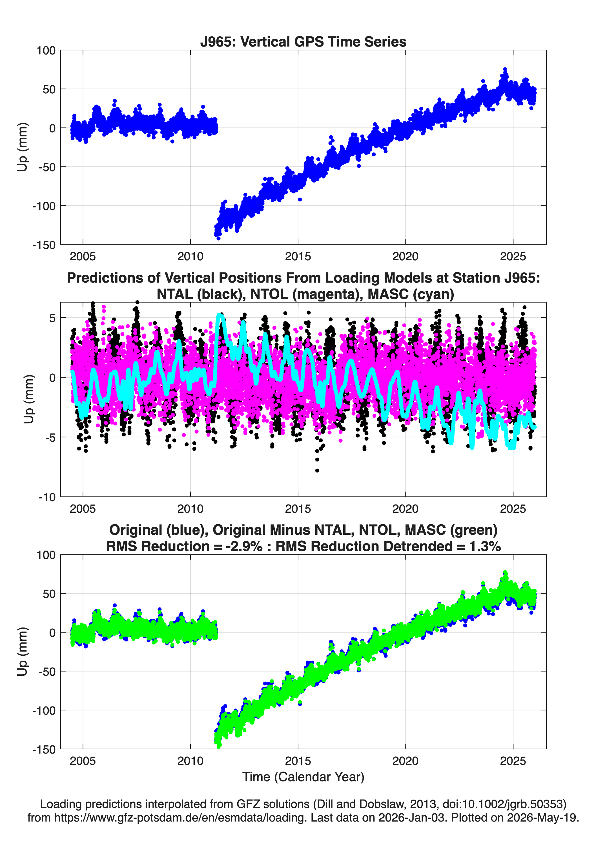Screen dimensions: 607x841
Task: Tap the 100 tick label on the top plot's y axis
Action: [46, 50]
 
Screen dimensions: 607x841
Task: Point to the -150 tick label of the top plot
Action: [44, 245]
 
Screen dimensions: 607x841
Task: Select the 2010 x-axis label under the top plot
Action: [190, 256]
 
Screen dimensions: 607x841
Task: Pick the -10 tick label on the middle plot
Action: [47, 497]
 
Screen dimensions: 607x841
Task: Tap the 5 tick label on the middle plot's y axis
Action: [52, 318]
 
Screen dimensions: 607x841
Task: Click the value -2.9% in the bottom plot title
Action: [244, 546]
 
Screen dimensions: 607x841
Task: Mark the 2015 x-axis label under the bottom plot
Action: [298, 761]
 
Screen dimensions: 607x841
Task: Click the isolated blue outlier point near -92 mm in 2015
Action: [300, 199]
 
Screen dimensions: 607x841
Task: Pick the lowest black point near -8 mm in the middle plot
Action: [317, 470]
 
